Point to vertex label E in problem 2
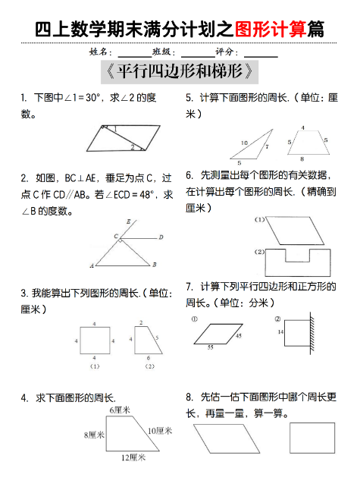click(x=130, y=221)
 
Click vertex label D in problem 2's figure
click(x=161, y=237)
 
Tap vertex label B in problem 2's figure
click(x=155, y=265)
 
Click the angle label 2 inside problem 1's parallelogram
click(x=132, y=147)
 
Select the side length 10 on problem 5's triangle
click(x=244, y=143)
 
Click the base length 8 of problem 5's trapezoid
click(x=302, y=159)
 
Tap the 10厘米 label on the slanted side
click(x=160, y=430)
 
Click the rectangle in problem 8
click(x=312, y=438)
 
